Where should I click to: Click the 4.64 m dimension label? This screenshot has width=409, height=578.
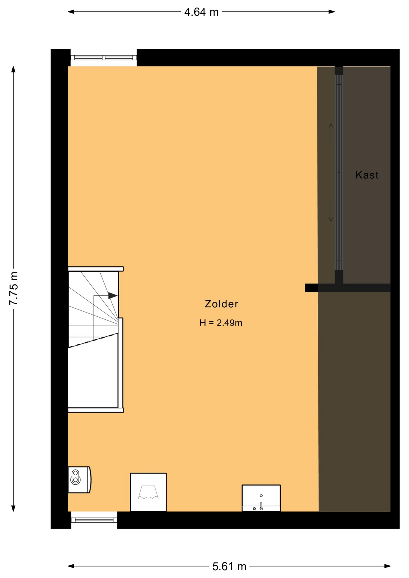coord(201,12)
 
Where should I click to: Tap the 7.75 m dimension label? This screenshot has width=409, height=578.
coord(14,288)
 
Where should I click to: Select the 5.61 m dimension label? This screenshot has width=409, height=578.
coord(229,567)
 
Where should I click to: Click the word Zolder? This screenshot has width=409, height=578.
coord(221,304)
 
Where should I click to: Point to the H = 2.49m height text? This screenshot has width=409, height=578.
coord(221,323)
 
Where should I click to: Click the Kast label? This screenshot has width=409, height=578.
coord(367,175)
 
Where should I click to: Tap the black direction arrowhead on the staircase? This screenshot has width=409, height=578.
coord(113,295)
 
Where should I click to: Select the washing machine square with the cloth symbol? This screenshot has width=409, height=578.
coord(148,492)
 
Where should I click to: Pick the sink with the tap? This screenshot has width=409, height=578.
coord(261,498)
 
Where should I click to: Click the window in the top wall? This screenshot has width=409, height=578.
coord(104,57)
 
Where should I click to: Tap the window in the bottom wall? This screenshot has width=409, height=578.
coord(94,520)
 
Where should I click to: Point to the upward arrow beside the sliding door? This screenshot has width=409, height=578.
coord(331,133)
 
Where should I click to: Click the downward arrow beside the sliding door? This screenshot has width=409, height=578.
coord(331,212)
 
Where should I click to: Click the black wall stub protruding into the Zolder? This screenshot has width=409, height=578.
coord(311,288)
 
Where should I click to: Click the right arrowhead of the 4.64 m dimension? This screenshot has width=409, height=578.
coord(332,12)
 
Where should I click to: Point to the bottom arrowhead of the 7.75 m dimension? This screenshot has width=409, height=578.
coord(13,508)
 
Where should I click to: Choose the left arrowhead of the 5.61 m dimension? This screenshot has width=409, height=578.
coord(71,566)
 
